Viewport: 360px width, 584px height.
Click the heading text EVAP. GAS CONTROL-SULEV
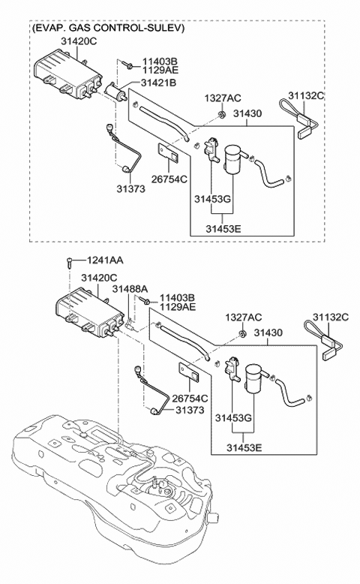pyautogui.click(x=108, y=28)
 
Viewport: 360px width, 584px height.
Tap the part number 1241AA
pyautogui.click(x=105, y=260)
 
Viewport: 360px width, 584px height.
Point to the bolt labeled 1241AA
pyautogui.click(x=70, y=262)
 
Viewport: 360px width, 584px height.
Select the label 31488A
pyautogui.click(x=130, y=289)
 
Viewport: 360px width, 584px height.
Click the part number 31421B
pyautogui.click(x=158, y=83)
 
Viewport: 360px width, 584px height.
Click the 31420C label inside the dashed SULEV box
pyautogui.click(x=79, y=41)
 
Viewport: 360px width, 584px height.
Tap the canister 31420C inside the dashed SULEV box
pyautogui.click(x=67, y=75)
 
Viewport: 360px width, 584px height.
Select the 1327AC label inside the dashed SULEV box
pyautogui.click(x=223, y=98)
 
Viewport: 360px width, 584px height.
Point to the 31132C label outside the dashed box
pyautogui.click(x=330, y=318)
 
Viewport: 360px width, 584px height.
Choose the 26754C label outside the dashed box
pyautogui.click(x=190, y=399)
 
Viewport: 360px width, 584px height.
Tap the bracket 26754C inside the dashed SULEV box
pyautogui.click(x=168, y=152)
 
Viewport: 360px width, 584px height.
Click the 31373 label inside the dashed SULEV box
pyautogui.click(x=131, y=189)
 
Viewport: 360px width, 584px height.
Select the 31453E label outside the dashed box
pyautogui.click(x=244, y=447)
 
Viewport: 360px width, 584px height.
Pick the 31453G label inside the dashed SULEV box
pyautogui.click(x=212, y=199)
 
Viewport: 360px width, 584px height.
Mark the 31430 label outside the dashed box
pyautogui.click(x=268, y=333)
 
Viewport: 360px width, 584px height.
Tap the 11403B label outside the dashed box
pyautogui.click(x=177, y=298)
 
